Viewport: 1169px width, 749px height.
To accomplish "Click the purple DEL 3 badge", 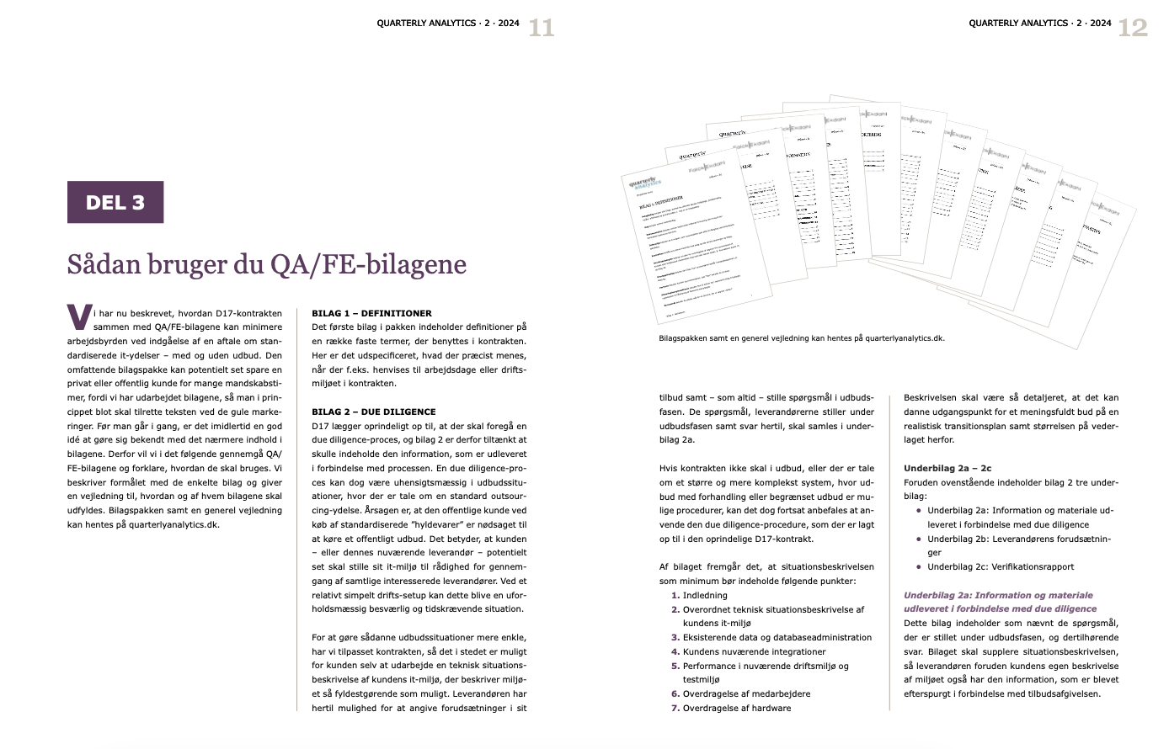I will click(115, 202).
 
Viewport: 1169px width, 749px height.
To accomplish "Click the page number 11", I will click(541, 28).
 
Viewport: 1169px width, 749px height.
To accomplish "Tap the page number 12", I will click(1132, 28).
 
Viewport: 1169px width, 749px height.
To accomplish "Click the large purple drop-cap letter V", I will click(78, 318).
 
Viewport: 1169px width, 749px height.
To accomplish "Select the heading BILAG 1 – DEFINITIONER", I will click(371, 313).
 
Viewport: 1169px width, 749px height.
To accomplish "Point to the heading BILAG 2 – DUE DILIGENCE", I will click(374, 412).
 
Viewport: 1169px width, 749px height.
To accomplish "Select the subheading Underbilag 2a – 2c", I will click(947, 468).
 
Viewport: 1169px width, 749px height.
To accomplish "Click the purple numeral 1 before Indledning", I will click(675, 595).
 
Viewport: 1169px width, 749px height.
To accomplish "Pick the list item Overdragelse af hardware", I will click(737, 708).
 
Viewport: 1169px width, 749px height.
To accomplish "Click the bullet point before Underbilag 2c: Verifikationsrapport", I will click(919, 566).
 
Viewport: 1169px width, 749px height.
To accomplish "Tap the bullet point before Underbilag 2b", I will click(919, 539).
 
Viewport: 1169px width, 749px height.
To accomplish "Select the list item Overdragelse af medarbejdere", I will click(746, 693).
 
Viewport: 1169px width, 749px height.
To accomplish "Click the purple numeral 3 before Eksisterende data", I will click(675, 637).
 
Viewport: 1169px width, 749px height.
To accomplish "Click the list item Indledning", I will click(705, 595).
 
